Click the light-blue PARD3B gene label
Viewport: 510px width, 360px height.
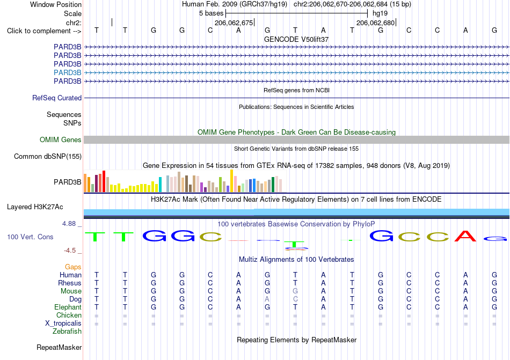pyautogui.click(x=67, y=72)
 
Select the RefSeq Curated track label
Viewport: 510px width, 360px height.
pyautogui.click(x=57, y=98)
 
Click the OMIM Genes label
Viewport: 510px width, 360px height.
pyautogui.click(x=61, y=139)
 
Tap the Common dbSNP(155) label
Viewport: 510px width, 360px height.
pyautogui.click(x=48, y=156)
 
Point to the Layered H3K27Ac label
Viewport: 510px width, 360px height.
pyautogui.click(x=35, y=207)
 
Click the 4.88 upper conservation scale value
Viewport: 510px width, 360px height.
pyautogui.click(x=69, y=224)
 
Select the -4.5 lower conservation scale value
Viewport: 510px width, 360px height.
pyautogui.click(x=70, y=250)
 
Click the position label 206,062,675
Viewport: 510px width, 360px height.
pyautogui.click(x=234, y=23)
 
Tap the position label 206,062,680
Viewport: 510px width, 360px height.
pyautogui.click(x=375, y=23)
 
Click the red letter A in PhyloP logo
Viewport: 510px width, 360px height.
pyautogui.click(x=465, y=236)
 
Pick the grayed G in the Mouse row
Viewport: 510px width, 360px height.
pyautogui.click(x=295, y=291)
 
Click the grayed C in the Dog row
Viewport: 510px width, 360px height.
pyautogui.click(x=295, y=299)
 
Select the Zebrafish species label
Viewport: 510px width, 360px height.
pyautogui.click(x=67, y=332)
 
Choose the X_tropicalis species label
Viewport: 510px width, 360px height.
pyautogui.click(x=63, y=324)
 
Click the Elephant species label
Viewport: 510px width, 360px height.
pyautogui.click(x=68, y=307)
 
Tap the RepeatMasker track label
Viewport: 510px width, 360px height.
pyautogui.click(x=59, y=347)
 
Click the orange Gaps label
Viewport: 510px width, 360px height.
pyautogui.click(x=73, y=267)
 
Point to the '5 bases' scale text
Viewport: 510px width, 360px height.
pyautogui.click(x=212, y=13)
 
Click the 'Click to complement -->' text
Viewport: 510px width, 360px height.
pyautogui.click(x=44, y=31)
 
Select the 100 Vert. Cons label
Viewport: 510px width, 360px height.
pyautogui.click(x=30, y=237)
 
